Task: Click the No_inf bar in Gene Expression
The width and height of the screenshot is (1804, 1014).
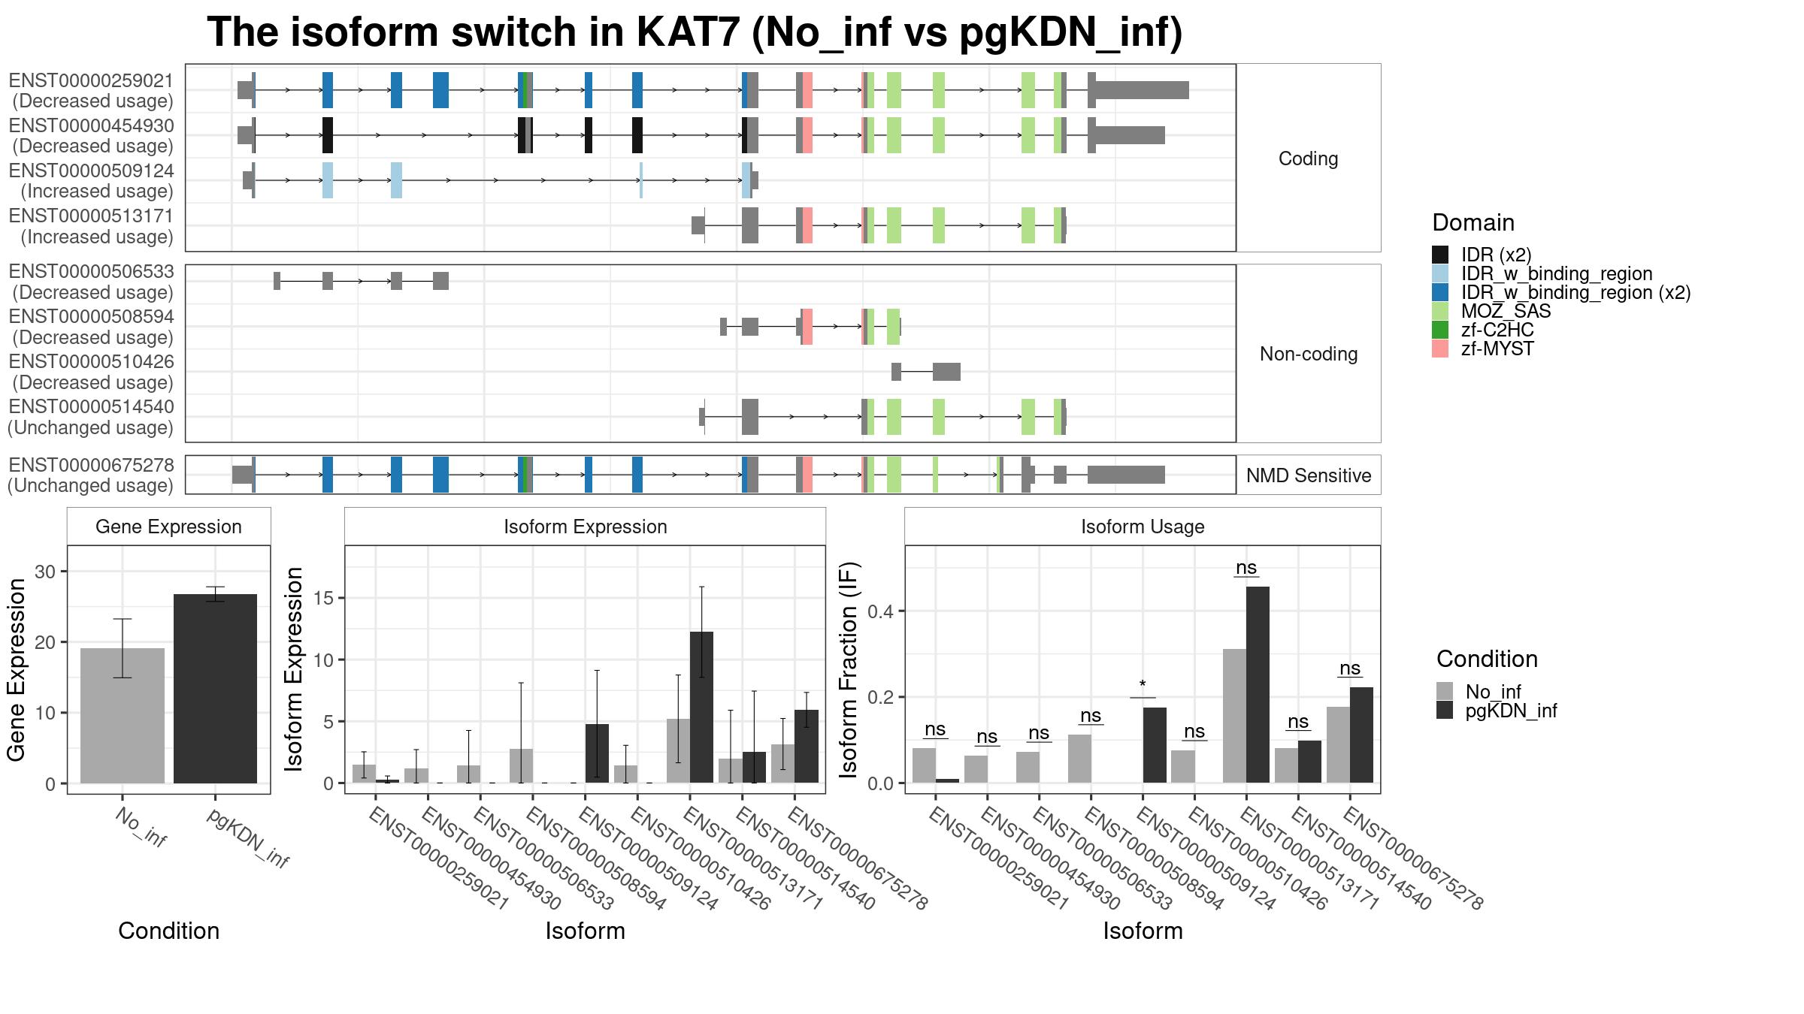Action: coord(123,716)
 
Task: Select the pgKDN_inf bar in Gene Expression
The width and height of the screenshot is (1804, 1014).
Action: coord(215,689)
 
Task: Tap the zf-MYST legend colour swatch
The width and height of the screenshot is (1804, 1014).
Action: coord(1440,349)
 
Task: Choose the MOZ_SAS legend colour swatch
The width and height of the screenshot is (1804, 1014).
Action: coord(1440,311)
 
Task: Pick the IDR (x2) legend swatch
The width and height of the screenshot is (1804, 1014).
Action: coord(1440,255)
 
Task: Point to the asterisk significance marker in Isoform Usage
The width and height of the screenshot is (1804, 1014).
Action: coord(1143,684)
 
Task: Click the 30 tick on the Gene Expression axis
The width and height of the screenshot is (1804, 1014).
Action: coord(45,572)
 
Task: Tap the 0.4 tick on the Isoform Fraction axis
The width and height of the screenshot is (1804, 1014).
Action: coord(882,611)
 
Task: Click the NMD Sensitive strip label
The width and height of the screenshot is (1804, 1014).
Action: coord(1309,475)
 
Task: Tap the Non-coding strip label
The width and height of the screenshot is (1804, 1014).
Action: coord(1309,354)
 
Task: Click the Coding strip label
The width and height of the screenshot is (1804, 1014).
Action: coord(1309,158)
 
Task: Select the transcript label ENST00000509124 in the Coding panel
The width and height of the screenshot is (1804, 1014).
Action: coord(91,171)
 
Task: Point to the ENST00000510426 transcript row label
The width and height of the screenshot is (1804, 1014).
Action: coord(91,362)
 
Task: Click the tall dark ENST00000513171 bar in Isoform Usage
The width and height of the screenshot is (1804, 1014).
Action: coord(1258,685)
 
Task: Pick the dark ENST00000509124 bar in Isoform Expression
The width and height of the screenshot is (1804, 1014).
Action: coord(597,753)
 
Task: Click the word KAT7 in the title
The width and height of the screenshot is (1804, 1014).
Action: coord(689,32)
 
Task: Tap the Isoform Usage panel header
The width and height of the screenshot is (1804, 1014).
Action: coord(1143,527)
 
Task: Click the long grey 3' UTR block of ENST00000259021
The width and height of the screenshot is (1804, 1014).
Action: coord(1142,90)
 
